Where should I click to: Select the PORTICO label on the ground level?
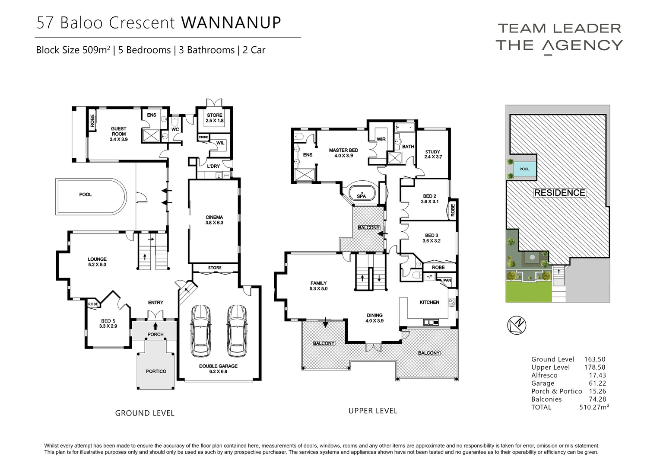[x=156, y=371]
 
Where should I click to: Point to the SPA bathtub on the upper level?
[x=361, y=193]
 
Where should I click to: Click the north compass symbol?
[x=517, y=326]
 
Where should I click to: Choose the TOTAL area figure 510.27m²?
[x=594, y=407]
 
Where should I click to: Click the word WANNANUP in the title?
[x=231, y=22]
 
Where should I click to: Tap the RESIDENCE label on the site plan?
[x=560, y=193]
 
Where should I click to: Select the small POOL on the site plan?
[x=524, y=169]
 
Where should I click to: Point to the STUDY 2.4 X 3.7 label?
[x=433, y=154]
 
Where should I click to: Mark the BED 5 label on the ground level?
[x=108, y=323]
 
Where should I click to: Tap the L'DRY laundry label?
[x=213, y=166]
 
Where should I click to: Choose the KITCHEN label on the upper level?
[x=429, y=302]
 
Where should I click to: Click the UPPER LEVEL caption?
[x=373, y=411]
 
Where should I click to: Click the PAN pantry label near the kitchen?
[x=447, y=281]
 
